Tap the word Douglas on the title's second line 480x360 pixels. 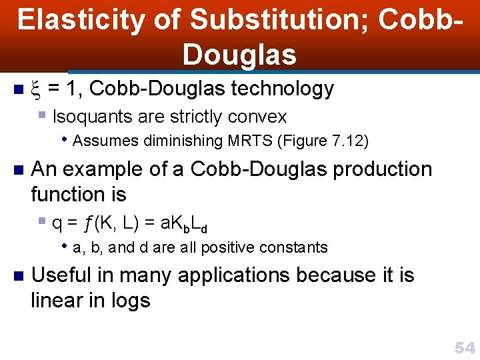point(239,55)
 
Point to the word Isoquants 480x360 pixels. point(93,117)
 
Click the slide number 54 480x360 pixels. point(464,347)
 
